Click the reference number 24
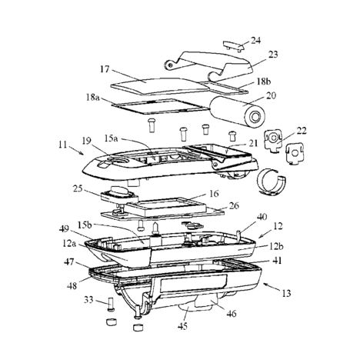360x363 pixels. pyautogui.click(x=255, y=41)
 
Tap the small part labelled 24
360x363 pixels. pyautogui.click(x=233, y=46)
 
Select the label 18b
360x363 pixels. pyautogui.click(x=263, y=82)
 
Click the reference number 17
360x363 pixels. pyautogui.click(x=105, y=69)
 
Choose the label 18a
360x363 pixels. pyautogui.click(x=93, y=98)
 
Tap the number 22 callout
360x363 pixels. pyautogui.click(x=302, y=131)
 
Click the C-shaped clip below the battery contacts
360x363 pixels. pyautogui.click(x=272, y=181)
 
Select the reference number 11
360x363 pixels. pyautogui.click(x=62, y=145)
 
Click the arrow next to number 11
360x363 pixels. pyautogui.click(x=78, y=151)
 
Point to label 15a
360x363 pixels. pyautogui.click(x=111, y=138)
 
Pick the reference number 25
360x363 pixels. pyautogui.click(x=78, y=188)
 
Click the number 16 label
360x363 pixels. pyautogui.click(x=214, y=194)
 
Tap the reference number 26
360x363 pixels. pyautogui.click(x=234, y=205)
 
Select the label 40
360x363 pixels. pyautogui.click(x=262, y=217)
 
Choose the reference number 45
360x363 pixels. pyautogui.click(x=182, y=326)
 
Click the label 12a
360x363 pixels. pyautogui.click(x=68, y=243)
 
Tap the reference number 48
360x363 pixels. pyautogui.click(x=72, y=285)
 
